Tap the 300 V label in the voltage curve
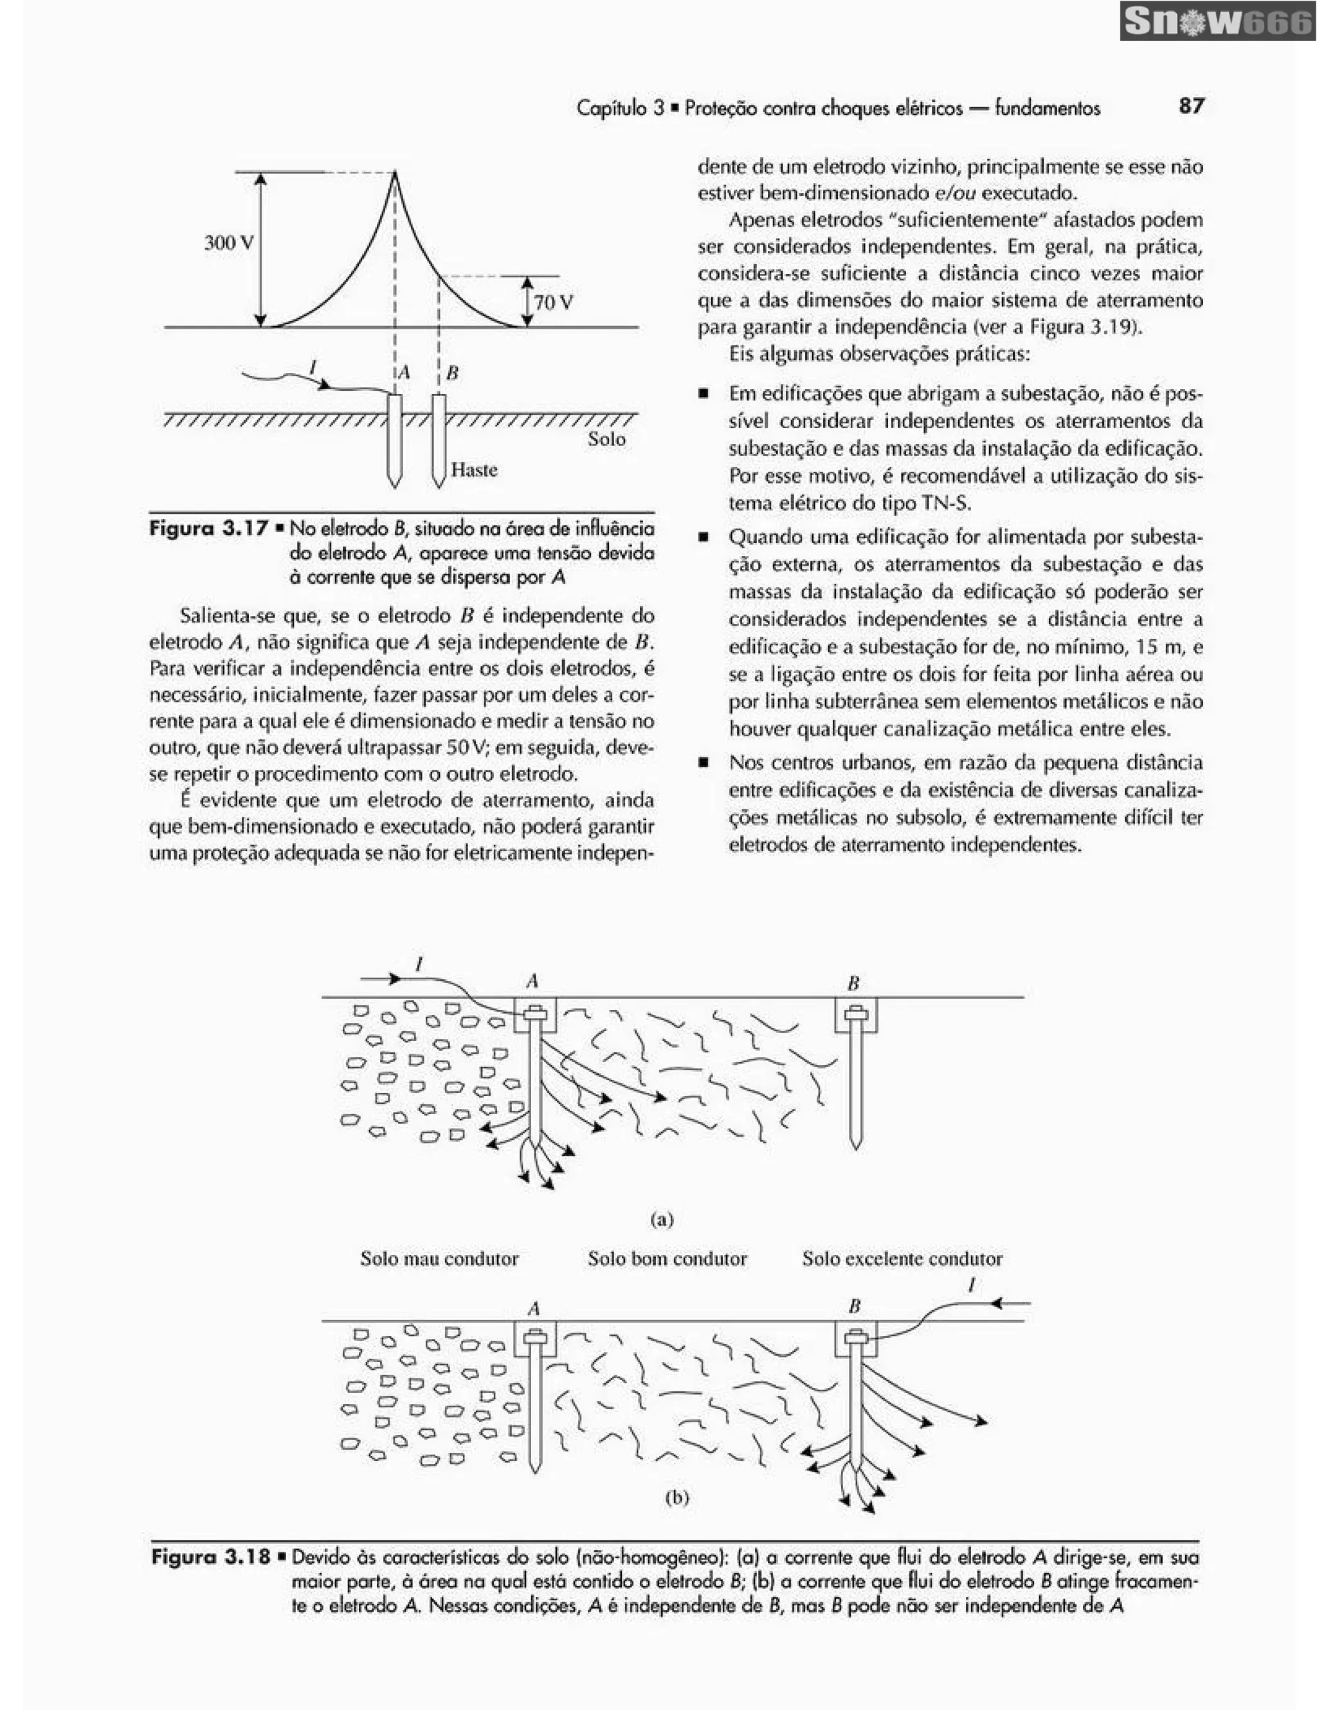pyautogui.click(x=229, y=243)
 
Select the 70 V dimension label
pyautogui.click(x=553, y=302)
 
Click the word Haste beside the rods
pyautogui.click(x=474, y=470)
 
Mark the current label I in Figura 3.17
pyautogui.click(x=313, y=366)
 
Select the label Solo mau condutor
pyautogui.click(x=439, y=1259)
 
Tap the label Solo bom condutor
pyautogui.click(x=667, y=1259)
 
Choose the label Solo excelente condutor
pyautogui.click(x=902, y=1259)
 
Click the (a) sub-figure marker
pyautogui.click(x=662, y=1219)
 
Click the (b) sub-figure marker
pyautogui.click(x=677, y=1498)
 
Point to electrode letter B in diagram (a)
pyautogui.click(x=853, y=983)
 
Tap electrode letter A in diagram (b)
pyautogui.click(x=534, y=1308)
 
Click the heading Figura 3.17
pyautogui.click(x=208, y=528)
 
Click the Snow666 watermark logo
pyautogui.click(x=1217, y=22)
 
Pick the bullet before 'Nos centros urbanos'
pyautogui.click(x=705, y=762)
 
